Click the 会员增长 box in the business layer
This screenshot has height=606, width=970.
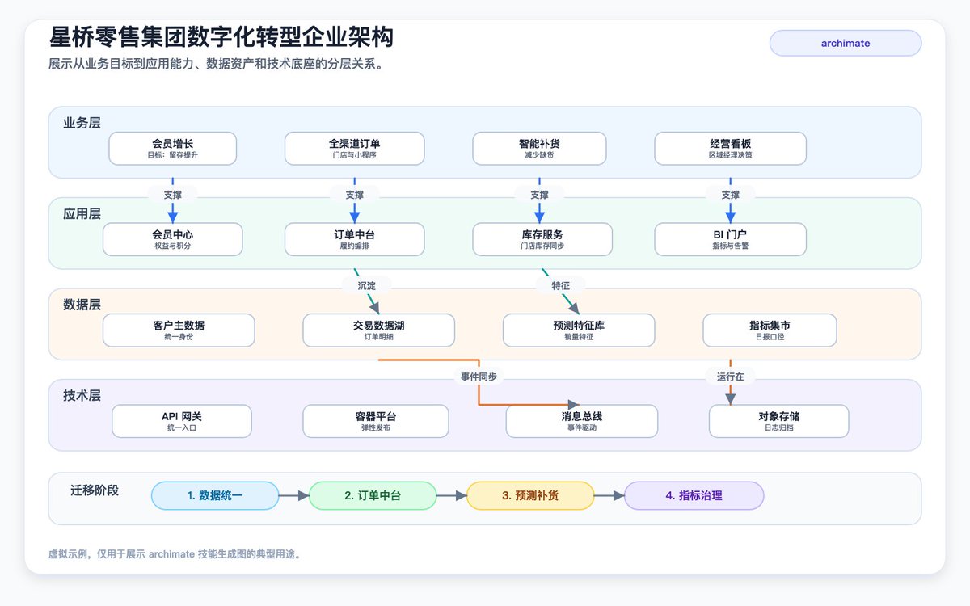[x=173, y=149]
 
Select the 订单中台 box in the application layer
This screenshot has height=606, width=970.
[x=355, y=239]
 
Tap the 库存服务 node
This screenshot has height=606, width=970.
[x=542, y=239]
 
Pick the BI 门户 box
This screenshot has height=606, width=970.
[x=731, y=239]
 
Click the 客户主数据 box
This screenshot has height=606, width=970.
[x=179, y=330]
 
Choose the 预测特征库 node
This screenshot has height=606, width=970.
[x=579, y=330]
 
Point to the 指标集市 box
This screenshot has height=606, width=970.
[x=770, y=330]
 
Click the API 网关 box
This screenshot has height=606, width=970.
[x=182, y=421]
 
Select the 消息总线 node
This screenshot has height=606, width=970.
[x=582, y=421]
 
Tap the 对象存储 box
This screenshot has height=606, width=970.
[x=779, y=421]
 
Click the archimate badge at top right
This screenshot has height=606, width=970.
[x=846, y=44]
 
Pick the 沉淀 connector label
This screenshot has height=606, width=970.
[x=367, y=286]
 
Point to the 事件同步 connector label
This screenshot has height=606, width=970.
[x=479, y=377]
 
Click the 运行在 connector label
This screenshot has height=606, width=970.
[x=731, y=377]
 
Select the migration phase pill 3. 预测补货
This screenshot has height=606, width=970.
[x=530, y=495]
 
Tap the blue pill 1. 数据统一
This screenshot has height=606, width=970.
[x=215, y=495]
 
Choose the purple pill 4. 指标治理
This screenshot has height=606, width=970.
[x=694, y=495]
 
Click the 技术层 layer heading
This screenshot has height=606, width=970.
[x=82, y=395]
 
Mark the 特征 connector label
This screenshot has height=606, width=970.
[x=561, y=286]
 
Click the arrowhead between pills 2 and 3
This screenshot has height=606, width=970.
[x=462, y=495]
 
